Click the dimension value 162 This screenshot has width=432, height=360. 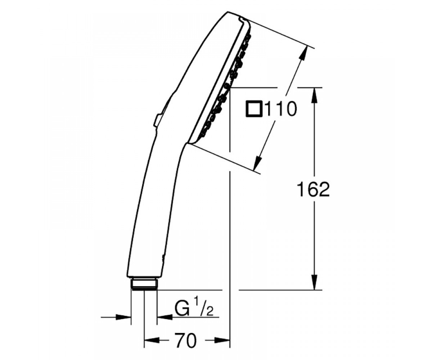pyautogui.click(x=313, y=189)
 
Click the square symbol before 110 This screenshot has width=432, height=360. pyautogui.click(x=253, y=109)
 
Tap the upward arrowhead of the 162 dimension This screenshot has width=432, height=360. pyautogui.click(x=315, y=96)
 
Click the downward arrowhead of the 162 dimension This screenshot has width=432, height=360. pyautogui.click(x=315, y=282)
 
